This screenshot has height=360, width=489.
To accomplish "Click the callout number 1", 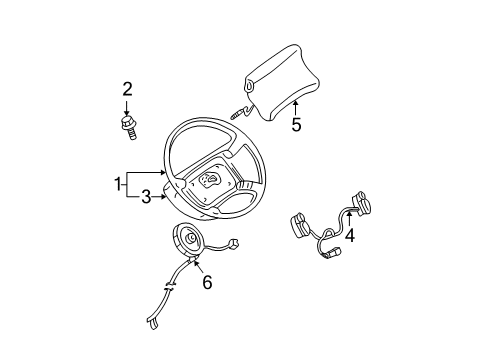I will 118,183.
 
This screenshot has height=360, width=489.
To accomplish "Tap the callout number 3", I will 146,197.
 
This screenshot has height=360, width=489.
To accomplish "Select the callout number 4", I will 349,236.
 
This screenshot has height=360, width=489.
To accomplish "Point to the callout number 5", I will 295,126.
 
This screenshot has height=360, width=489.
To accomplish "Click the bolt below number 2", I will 128,126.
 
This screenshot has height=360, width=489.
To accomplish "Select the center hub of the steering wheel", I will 212,180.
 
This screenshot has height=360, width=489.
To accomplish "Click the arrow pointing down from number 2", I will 127,107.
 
